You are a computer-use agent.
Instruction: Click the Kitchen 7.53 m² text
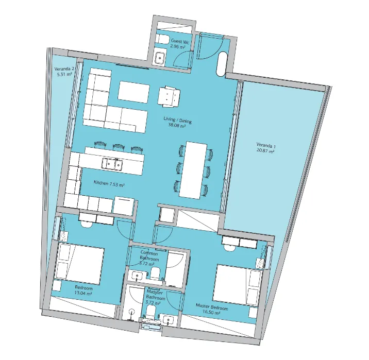[x=109, y=183]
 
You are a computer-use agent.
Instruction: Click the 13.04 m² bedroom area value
[x=83, y=293]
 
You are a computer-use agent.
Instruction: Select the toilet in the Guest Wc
[x=162, y=39]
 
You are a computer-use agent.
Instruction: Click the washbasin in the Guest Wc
[x=160, y=57]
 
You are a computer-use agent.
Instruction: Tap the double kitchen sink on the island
[x=112, y=163]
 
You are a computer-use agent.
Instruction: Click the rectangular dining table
[x=193, y=170]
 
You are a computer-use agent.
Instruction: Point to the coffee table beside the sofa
[x=133, y=92]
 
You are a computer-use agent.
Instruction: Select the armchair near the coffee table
[x=169, y=96]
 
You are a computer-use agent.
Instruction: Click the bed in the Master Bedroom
[x=238, y=285]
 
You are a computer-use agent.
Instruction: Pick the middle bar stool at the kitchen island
[x=118, y=146]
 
